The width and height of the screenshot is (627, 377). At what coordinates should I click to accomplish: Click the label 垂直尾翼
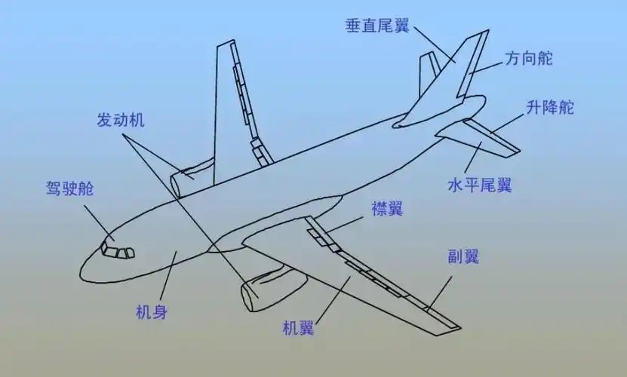[x=377, y=26]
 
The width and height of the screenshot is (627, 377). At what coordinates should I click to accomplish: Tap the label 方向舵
[x=529, y=57]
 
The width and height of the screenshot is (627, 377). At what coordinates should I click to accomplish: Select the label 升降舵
[x=550, y=107]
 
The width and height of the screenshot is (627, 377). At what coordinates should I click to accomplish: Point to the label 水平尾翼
[x=479, y=185]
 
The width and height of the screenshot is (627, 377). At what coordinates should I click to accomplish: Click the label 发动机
[x=121, y=120]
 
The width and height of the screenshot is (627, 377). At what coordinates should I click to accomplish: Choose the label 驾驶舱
[x=70, y=189]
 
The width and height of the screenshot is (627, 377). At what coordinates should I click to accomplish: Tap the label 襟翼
[x=387, y=209]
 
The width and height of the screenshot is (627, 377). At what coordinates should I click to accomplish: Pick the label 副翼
[x=463, y=256]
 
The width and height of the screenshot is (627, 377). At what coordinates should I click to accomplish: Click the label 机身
[x=151, y=310]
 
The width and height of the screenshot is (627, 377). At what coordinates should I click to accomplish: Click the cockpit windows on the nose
[x=117, y=251]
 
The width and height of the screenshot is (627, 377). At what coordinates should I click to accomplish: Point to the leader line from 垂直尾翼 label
[x=435, y=42]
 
